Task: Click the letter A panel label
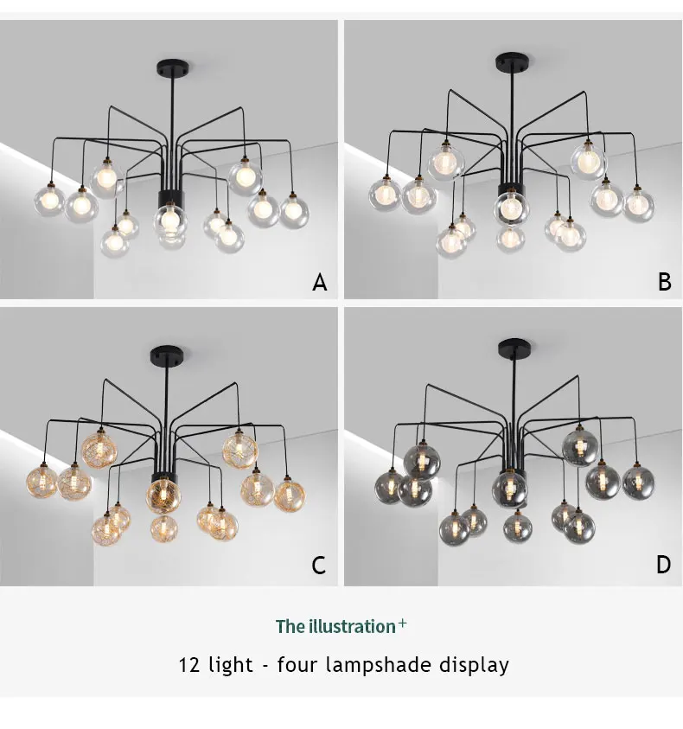[x=319, y=282]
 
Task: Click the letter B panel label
[x=665, y=282]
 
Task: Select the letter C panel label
[x=318, y=566]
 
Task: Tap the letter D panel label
[x=663, y=565]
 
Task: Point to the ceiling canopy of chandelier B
[x=512, y=61]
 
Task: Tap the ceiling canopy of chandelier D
[x=514, y=347]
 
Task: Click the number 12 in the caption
[x=189, y=665]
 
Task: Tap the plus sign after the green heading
[x=402, y=623]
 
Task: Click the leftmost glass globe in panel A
[x=49, y=201]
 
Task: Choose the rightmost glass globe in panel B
[x=639, y=205]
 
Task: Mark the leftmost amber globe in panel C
[x=41, y=482]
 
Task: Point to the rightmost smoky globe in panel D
[x=638, y=483]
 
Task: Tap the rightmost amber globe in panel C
[x=290, y=496]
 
